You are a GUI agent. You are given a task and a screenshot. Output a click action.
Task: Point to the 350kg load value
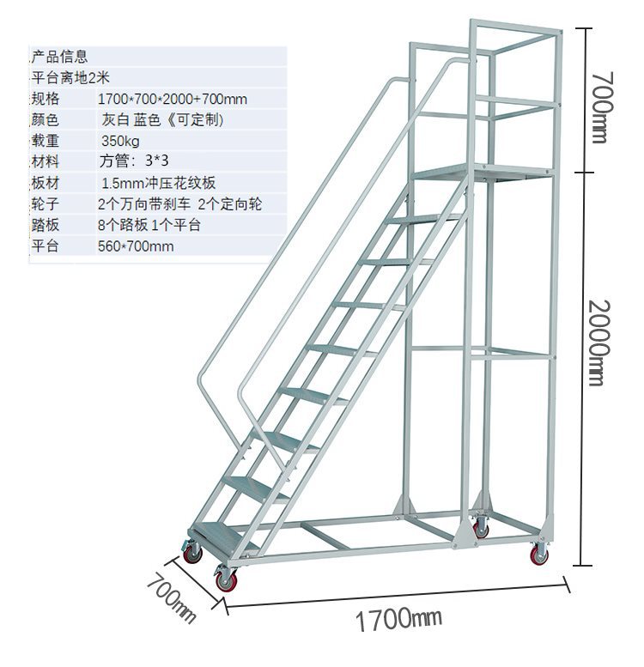[x=120, y=141]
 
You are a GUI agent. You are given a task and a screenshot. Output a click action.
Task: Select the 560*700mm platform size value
[x=136, y=246]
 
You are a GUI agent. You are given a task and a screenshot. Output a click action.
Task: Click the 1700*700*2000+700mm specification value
[x=173, y=99]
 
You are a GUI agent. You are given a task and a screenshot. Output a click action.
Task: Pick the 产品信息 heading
[x=58, y=58]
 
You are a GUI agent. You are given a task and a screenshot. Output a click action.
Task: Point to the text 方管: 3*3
[x=134, y=161]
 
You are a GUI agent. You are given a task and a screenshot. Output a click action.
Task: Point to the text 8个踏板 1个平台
[x=149, y=225]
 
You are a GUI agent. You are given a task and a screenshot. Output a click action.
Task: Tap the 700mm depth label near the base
[x=172, y=597]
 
